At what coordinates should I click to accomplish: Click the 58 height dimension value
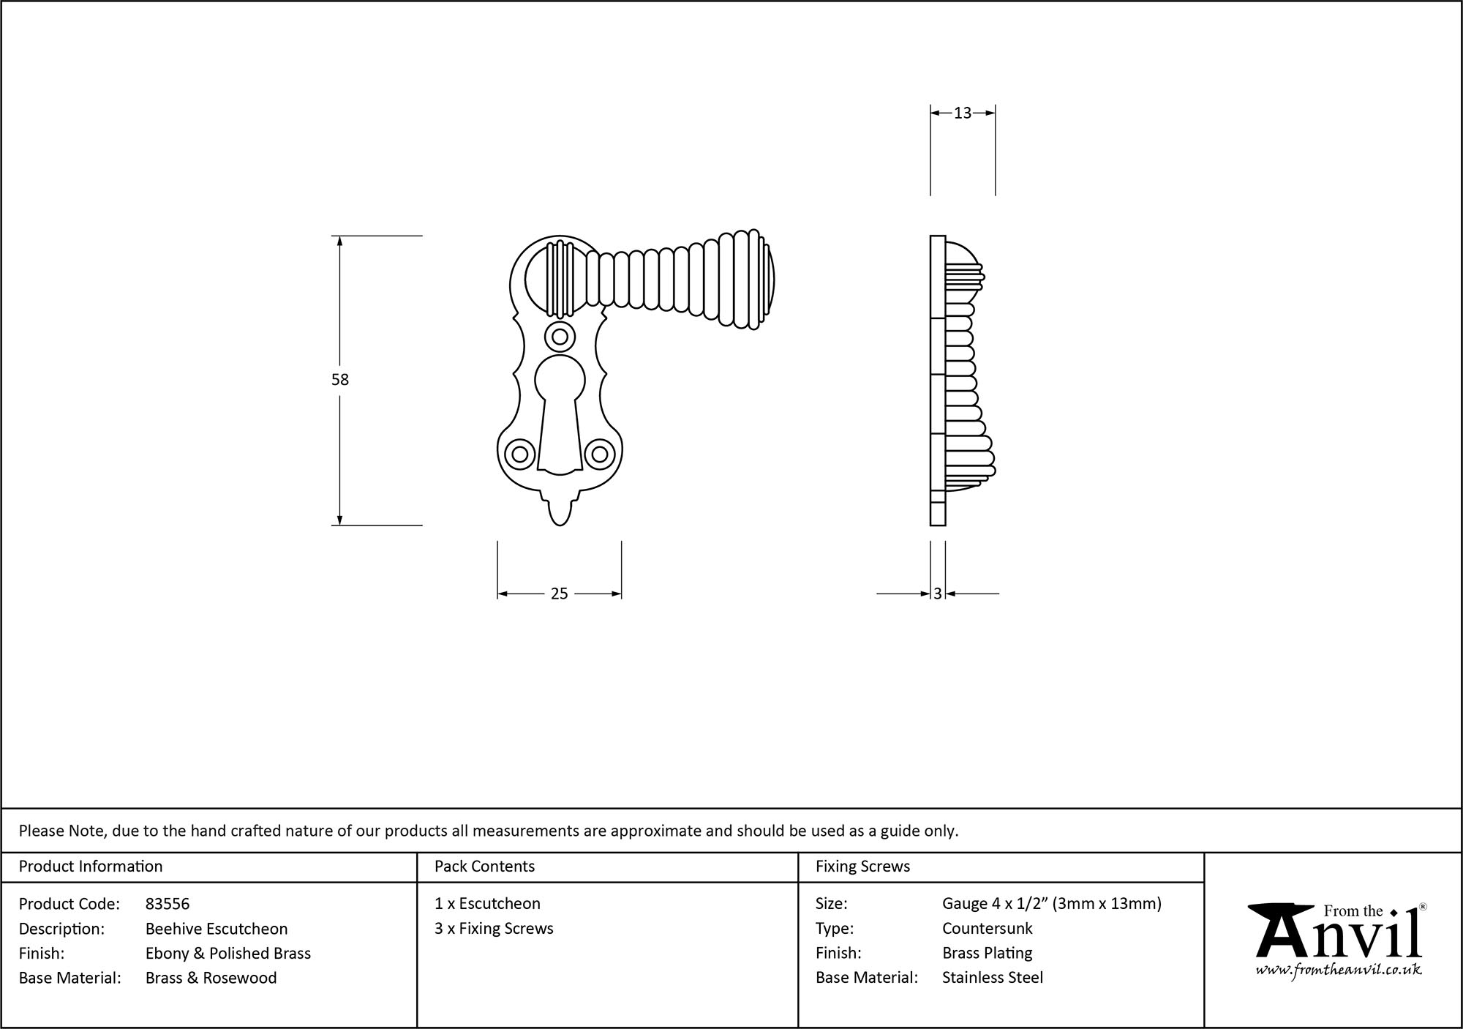tap(340, 380)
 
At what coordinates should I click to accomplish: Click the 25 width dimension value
tap(559, 594)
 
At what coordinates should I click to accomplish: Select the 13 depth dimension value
tap(962, 113)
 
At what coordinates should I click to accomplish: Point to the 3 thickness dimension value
tap(938, 594)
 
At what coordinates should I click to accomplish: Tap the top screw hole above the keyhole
tap(560, 337)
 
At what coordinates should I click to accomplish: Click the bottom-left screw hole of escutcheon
tap(520, 454)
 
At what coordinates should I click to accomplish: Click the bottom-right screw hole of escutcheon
tap(599, 454)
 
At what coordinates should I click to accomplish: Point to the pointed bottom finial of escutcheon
tap(560, 512)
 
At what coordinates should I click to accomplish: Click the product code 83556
tap(168, 904)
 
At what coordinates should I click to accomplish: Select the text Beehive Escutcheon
tap(217, 929)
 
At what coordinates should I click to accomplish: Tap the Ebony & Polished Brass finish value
tap(228, 954)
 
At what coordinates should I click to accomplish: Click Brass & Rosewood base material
tap(211, 978)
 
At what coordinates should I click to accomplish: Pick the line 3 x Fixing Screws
tap(494, 929)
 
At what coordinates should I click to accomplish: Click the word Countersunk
tap(987, 929)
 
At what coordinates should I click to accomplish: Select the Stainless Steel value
tap(992, 978)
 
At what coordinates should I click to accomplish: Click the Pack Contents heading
tap(484, 867)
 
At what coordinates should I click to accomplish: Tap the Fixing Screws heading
tap(862, 867)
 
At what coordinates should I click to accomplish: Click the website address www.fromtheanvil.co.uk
tap(1339, 970)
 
